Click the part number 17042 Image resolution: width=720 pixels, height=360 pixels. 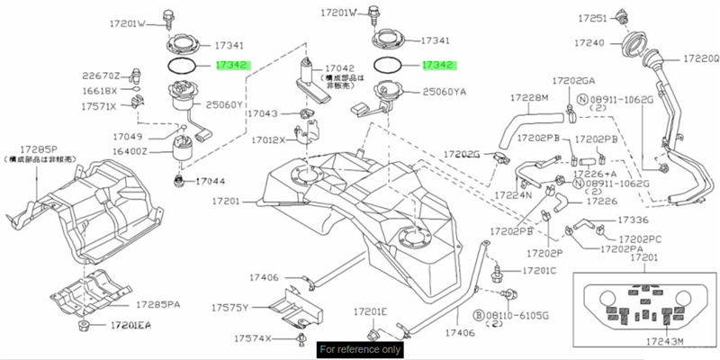click(338, 67)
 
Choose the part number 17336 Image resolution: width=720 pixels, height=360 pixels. click(633, 220)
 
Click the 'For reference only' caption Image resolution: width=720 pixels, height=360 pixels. click(360, 349)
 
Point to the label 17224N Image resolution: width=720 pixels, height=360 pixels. click(514, 194)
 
